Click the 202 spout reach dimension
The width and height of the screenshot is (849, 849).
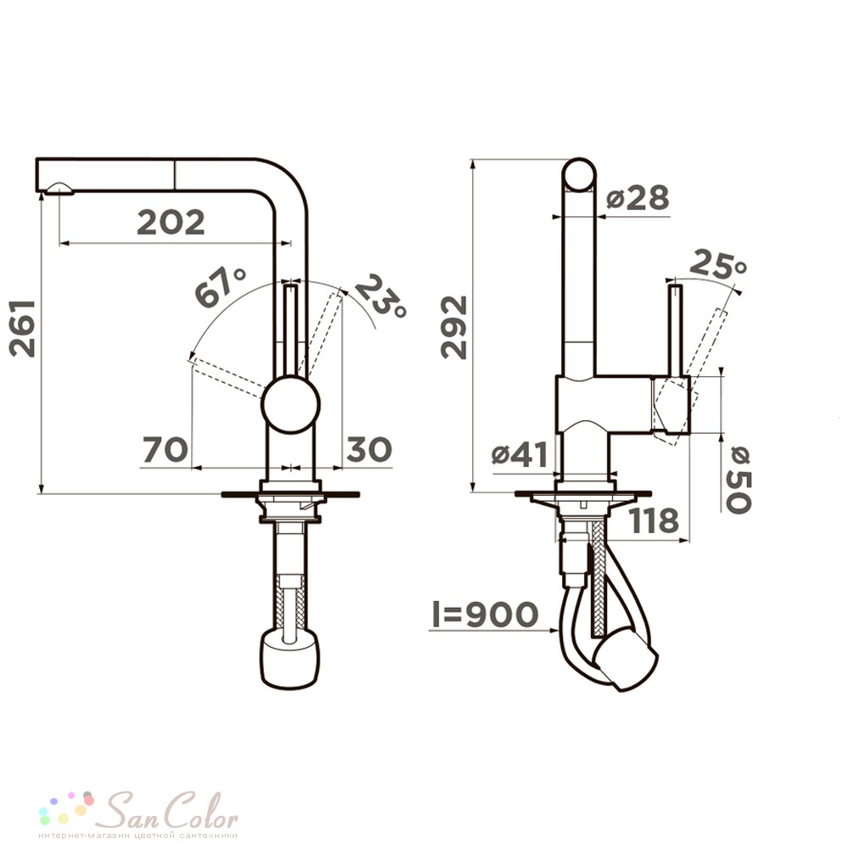[x=171, y=222]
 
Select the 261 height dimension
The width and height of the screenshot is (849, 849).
[x=23, y=329]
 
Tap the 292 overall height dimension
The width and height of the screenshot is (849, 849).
[x=453, y=328]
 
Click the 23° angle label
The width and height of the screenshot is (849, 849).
[x=380, y=296]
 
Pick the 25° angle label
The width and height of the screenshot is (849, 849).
[x=719, y=264]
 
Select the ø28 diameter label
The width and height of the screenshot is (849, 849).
[x=638, y=198]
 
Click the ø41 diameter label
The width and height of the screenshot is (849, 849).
[x=520, y=455]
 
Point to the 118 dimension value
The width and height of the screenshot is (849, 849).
[x=655, y=520]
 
